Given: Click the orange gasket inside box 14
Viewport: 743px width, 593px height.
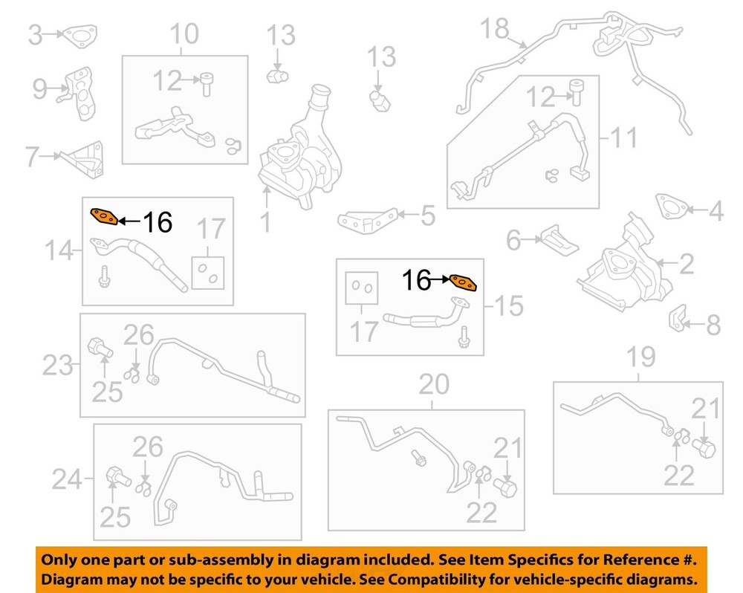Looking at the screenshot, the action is pos(104,216).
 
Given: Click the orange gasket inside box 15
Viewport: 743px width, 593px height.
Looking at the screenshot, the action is pos(463,282).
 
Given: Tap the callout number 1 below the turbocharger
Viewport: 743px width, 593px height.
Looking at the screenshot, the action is pos(266,222).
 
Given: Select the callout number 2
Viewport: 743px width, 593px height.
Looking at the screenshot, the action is pos(686,264).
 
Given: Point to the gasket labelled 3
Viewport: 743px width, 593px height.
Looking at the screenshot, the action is pos(80,36).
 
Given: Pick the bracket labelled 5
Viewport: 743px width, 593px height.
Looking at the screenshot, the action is pos(366,221).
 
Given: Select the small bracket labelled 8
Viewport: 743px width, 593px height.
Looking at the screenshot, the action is pos(678,318).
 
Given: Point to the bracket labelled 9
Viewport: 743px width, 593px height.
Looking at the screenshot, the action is pos(80,94).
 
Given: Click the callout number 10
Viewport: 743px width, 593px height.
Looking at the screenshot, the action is pos(184,33).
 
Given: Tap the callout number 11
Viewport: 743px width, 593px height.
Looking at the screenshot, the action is pos(623,137).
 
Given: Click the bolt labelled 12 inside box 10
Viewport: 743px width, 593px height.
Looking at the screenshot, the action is pos(207,84).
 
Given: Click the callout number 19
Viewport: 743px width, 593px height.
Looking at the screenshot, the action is pos(641,357).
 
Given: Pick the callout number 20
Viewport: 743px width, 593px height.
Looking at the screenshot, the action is pos(434,384).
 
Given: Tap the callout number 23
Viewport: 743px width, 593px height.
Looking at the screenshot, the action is pos(58,366).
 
